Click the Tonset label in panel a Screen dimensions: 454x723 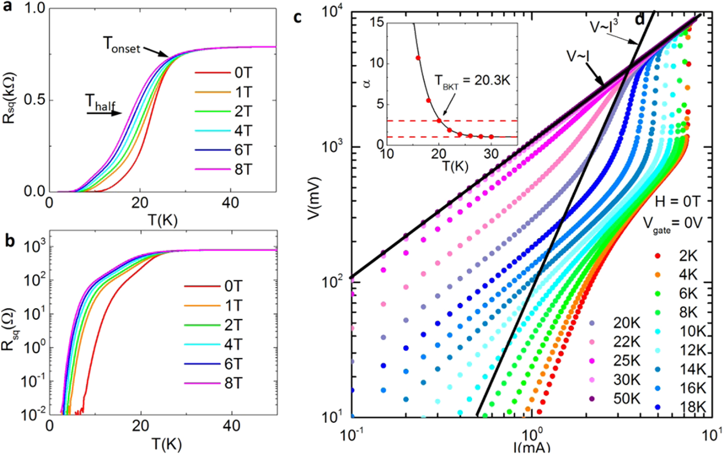point(122,45)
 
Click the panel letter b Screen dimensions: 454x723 point(9,241)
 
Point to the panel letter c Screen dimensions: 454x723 point(298,18)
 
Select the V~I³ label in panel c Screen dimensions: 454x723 point(604,26)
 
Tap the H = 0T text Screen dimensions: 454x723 point(678,202)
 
